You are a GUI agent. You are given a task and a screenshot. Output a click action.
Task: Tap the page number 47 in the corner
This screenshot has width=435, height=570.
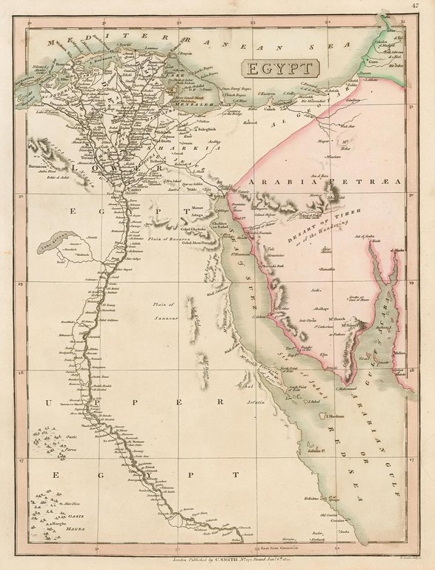coord(422,7)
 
